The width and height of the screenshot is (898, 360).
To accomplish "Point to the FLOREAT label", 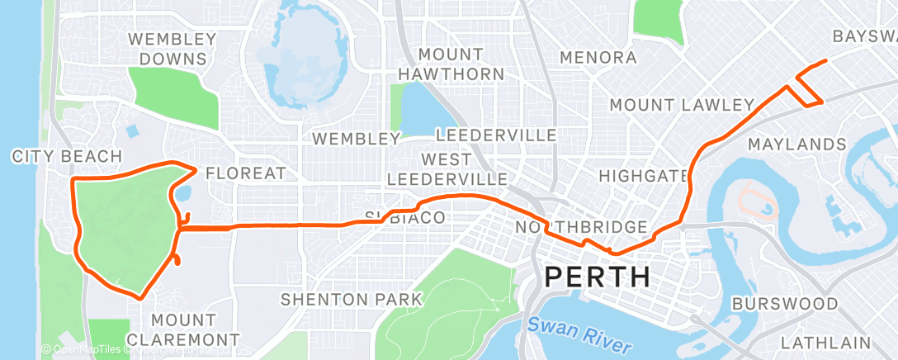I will pos(244,173).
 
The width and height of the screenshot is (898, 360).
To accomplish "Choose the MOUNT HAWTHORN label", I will pos(451,64).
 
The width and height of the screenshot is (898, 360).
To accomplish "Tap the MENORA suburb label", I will pos(598,58).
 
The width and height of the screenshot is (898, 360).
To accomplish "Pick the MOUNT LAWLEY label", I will pos(682,105).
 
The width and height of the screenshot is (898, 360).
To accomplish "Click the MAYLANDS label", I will pos(796,144).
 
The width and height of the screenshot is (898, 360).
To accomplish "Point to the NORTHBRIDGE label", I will pos(579,227).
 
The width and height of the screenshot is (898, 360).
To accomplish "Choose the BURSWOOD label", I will pos(785,303).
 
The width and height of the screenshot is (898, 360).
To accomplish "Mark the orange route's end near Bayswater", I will pos(826,61).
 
